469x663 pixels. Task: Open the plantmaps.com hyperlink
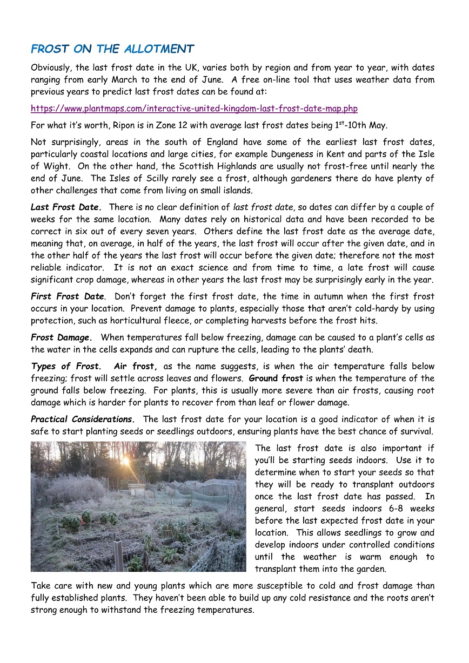[194, 109]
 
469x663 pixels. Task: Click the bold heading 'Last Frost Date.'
[66, 207]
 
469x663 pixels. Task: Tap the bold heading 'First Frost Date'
[68, 296]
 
